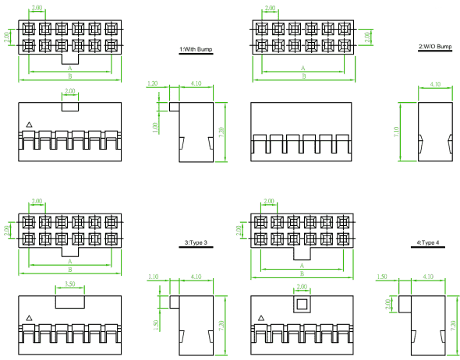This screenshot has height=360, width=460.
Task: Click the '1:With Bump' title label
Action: coord(196,49)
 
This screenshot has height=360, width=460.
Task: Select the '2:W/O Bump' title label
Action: coord(435,46)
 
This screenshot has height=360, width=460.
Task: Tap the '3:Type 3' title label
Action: coord(196,242)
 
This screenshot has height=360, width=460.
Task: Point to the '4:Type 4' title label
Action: coord(428,242)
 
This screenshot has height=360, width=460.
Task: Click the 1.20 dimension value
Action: coord(152,83)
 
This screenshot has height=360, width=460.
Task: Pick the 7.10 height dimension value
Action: coord(396,132)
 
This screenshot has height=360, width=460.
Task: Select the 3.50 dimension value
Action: coord(70,284)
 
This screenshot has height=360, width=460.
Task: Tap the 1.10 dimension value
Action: coord(153,277)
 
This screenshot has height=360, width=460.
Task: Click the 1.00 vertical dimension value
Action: coord(155,127)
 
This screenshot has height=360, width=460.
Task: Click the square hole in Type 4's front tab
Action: coord(302,305)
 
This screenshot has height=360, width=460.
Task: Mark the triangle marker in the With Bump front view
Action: coord(29,125)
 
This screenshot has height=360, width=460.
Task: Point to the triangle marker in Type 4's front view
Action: coord(261,318)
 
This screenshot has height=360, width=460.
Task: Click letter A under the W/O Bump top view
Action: coord(303,68)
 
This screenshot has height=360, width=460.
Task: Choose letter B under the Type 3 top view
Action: coord(70,270)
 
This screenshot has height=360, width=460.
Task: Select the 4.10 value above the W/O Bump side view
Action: coord(435,84)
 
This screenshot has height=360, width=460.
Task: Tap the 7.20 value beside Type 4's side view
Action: coord(455,324)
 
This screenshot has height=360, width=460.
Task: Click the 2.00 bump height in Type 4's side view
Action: coord(387,304)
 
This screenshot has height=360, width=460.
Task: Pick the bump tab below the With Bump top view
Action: coord(70,59)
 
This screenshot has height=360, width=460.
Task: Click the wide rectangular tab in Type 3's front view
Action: coord(70,302)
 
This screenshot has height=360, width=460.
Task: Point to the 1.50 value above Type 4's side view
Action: coord(382,277)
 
